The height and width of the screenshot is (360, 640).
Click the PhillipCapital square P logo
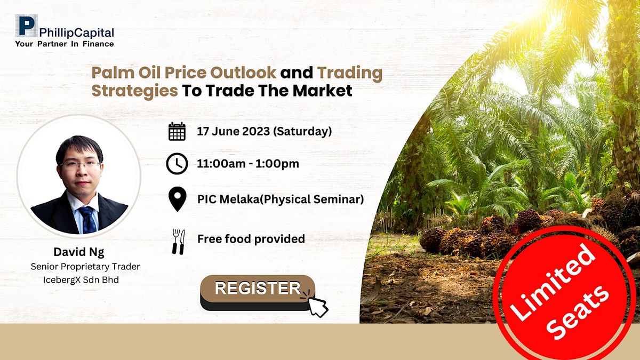coord(25,26)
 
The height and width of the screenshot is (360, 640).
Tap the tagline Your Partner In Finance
coord(64,44)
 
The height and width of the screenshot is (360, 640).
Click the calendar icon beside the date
coord(177,131)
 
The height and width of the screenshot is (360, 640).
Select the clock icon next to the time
coord(177,164)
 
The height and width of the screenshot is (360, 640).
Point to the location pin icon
coord(177,199)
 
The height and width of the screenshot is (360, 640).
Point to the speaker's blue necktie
coord(86,219)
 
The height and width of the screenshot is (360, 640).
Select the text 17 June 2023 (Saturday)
coord(265,131)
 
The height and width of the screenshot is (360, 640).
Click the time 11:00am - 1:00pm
coord(248,164)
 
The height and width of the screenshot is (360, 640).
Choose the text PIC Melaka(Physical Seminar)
coord(281,199)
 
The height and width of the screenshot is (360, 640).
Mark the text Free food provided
coord(251,239)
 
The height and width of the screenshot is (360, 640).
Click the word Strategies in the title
coord(134,91)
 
